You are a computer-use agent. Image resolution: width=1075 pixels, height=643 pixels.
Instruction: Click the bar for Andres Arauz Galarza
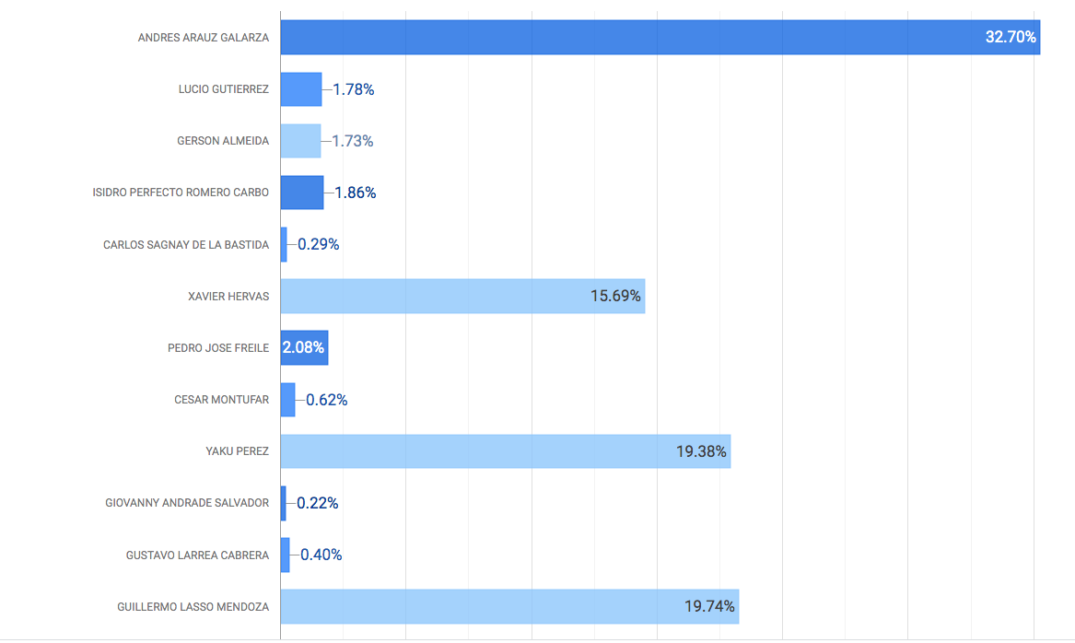tap(626, 38)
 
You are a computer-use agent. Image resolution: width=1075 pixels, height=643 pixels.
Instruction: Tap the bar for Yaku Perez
tap(479, 451)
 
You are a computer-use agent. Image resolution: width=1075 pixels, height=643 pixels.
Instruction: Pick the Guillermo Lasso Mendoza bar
tap(479, 606)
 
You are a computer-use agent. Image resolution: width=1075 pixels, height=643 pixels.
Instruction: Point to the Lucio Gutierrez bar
tap(301, 89)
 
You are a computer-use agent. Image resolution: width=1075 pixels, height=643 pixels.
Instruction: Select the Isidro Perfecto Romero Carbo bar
tap(302, 193)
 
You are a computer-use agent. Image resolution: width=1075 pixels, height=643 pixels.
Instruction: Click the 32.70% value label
tap(1011, 38)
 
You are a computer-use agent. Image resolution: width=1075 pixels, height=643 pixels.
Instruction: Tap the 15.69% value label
tap(615, 296)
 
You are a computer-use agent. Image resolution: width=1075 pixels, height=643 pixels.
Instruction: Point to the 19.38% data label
tap(701, 451)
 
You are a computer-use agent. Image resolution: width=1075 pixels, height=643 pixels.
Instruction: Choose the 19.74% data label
tap(709, 606)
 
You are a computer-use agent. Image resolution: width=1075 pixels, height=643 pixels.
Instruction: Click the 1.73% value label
tap(353, 141)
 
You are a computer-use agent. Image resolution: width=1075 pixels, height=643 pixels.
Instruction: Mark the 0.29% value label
tap(319, 244)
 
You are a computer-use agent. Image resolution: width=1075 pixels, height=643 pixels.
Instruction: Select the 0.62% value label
tap(327, 400)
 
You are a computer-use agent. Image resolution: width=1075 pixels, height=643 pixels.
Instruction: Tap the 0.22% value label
tap(318, 503)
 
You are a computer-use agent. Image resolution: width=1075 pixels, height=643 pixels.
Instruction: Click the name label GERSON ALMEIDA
tap(223, 141)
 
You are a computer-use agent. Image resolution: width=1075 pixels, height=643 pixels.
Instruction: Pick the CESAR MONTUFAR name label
tap(221, 400)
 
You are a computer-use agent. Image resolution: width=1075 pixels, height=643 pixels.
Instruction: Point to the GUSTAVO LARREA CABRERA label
tap(197, 555)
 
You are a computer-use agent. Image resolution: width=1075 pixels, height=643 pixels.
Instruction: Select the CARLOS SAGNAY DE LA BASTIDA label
tap(186, 244)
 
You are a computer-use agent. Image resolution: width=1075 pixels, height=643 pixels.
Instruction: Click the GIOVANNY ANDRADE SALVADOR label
tap(187, 503)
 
